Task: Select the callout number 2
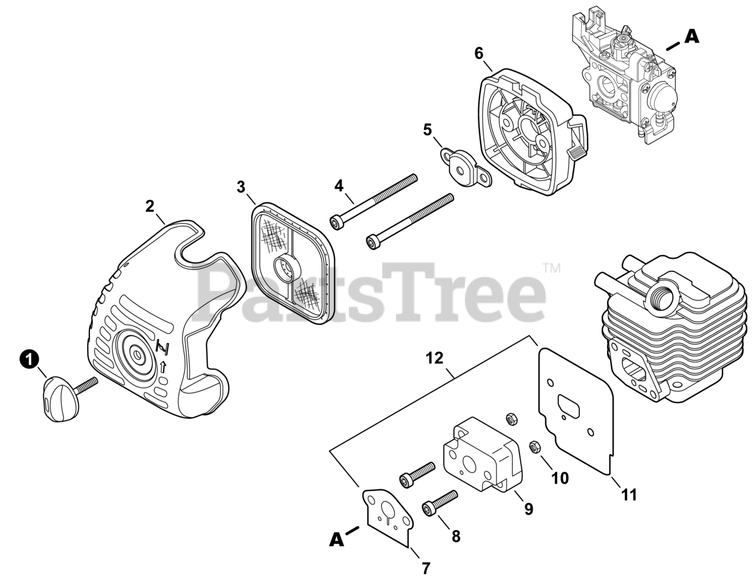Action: click(150, 206)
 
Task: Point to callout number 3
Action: click(241, 187)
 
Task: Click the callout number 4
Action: click(339, 186)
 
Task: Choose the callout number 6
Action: click(479, 54)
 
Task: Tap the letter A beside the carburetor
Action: click(692, 36)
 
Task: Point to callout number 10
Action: click(560, 478)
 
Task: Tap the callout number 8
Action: click(456, 536)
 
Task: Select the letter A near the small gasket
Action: click(336, 539)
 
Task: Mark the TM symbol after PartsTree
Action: click(552, 269)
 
